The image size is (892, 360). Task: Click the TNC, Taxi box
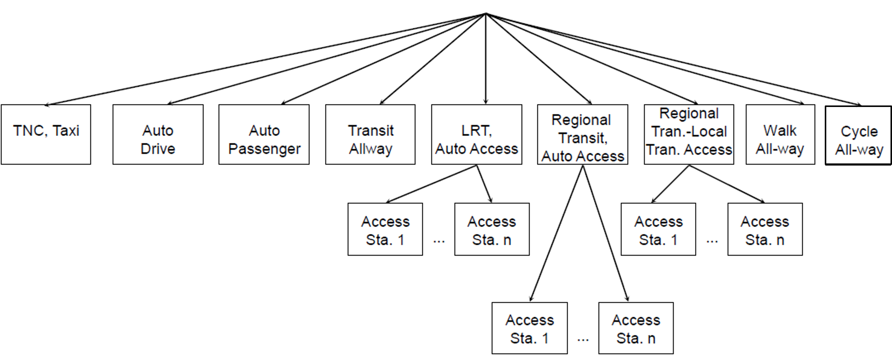coord(46,134)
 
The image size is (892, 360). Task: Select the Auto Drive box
coord(158,134)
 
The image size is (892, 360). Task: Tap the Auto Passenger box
coord(264,134)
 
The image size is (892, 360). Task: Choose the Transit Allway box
coord(370,134)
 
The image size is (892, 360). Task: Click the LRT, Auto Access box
coord(476,134)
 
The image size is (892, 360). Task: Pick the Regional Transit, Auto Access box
coord(582,134)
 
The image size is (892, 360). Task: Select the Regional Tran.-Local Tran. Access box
coord(689,134)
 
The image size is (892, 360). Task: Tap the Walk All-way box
coord(780,134)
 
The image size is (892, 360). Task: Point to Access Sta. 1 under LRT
coord(385,229)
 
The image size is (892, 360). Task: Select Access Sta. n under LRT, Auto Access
coord(492,229)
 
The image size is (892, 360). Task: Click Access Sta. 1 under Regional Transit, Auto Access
coord(530,328)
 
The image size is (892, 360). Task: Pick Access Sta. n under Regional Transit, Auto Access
coord(636,328)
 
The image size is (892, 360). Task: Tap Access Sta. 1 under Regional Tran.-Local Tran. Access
coord(658,229)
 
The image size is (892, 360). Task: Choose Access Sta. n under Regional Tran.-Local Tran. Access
coord(765,229)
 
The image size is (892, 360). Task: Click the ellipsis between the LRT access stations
coord(439,241)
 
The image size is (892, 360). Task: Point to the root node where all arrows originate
coord(486,14)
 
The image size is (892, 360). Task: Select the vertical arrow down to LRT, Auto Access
coord(486,59)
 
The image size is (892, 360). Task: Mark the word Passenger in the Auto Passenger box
coord(264,149)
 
